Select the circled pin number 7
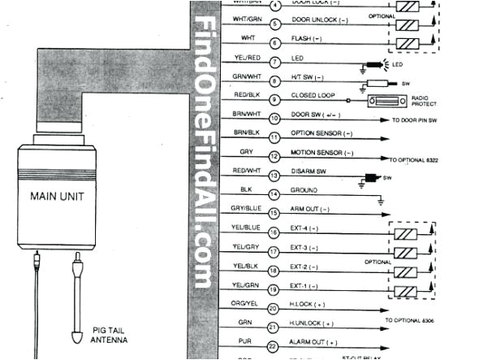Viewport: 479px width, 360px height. pyautogui.click(x=275, y=61)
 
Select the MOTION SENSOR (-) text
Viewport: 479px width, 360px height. pyautogui.click(x=323, y=152)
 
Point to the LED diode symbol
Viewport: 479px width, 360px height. pyautogui.click(x=379, y=63)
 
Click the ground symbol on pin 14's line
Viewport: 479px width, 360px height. pyautogui.click(x=380, y=198)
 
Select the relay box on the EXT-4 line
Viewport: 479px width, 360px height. pyautogui.click(x=406, y=233)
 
